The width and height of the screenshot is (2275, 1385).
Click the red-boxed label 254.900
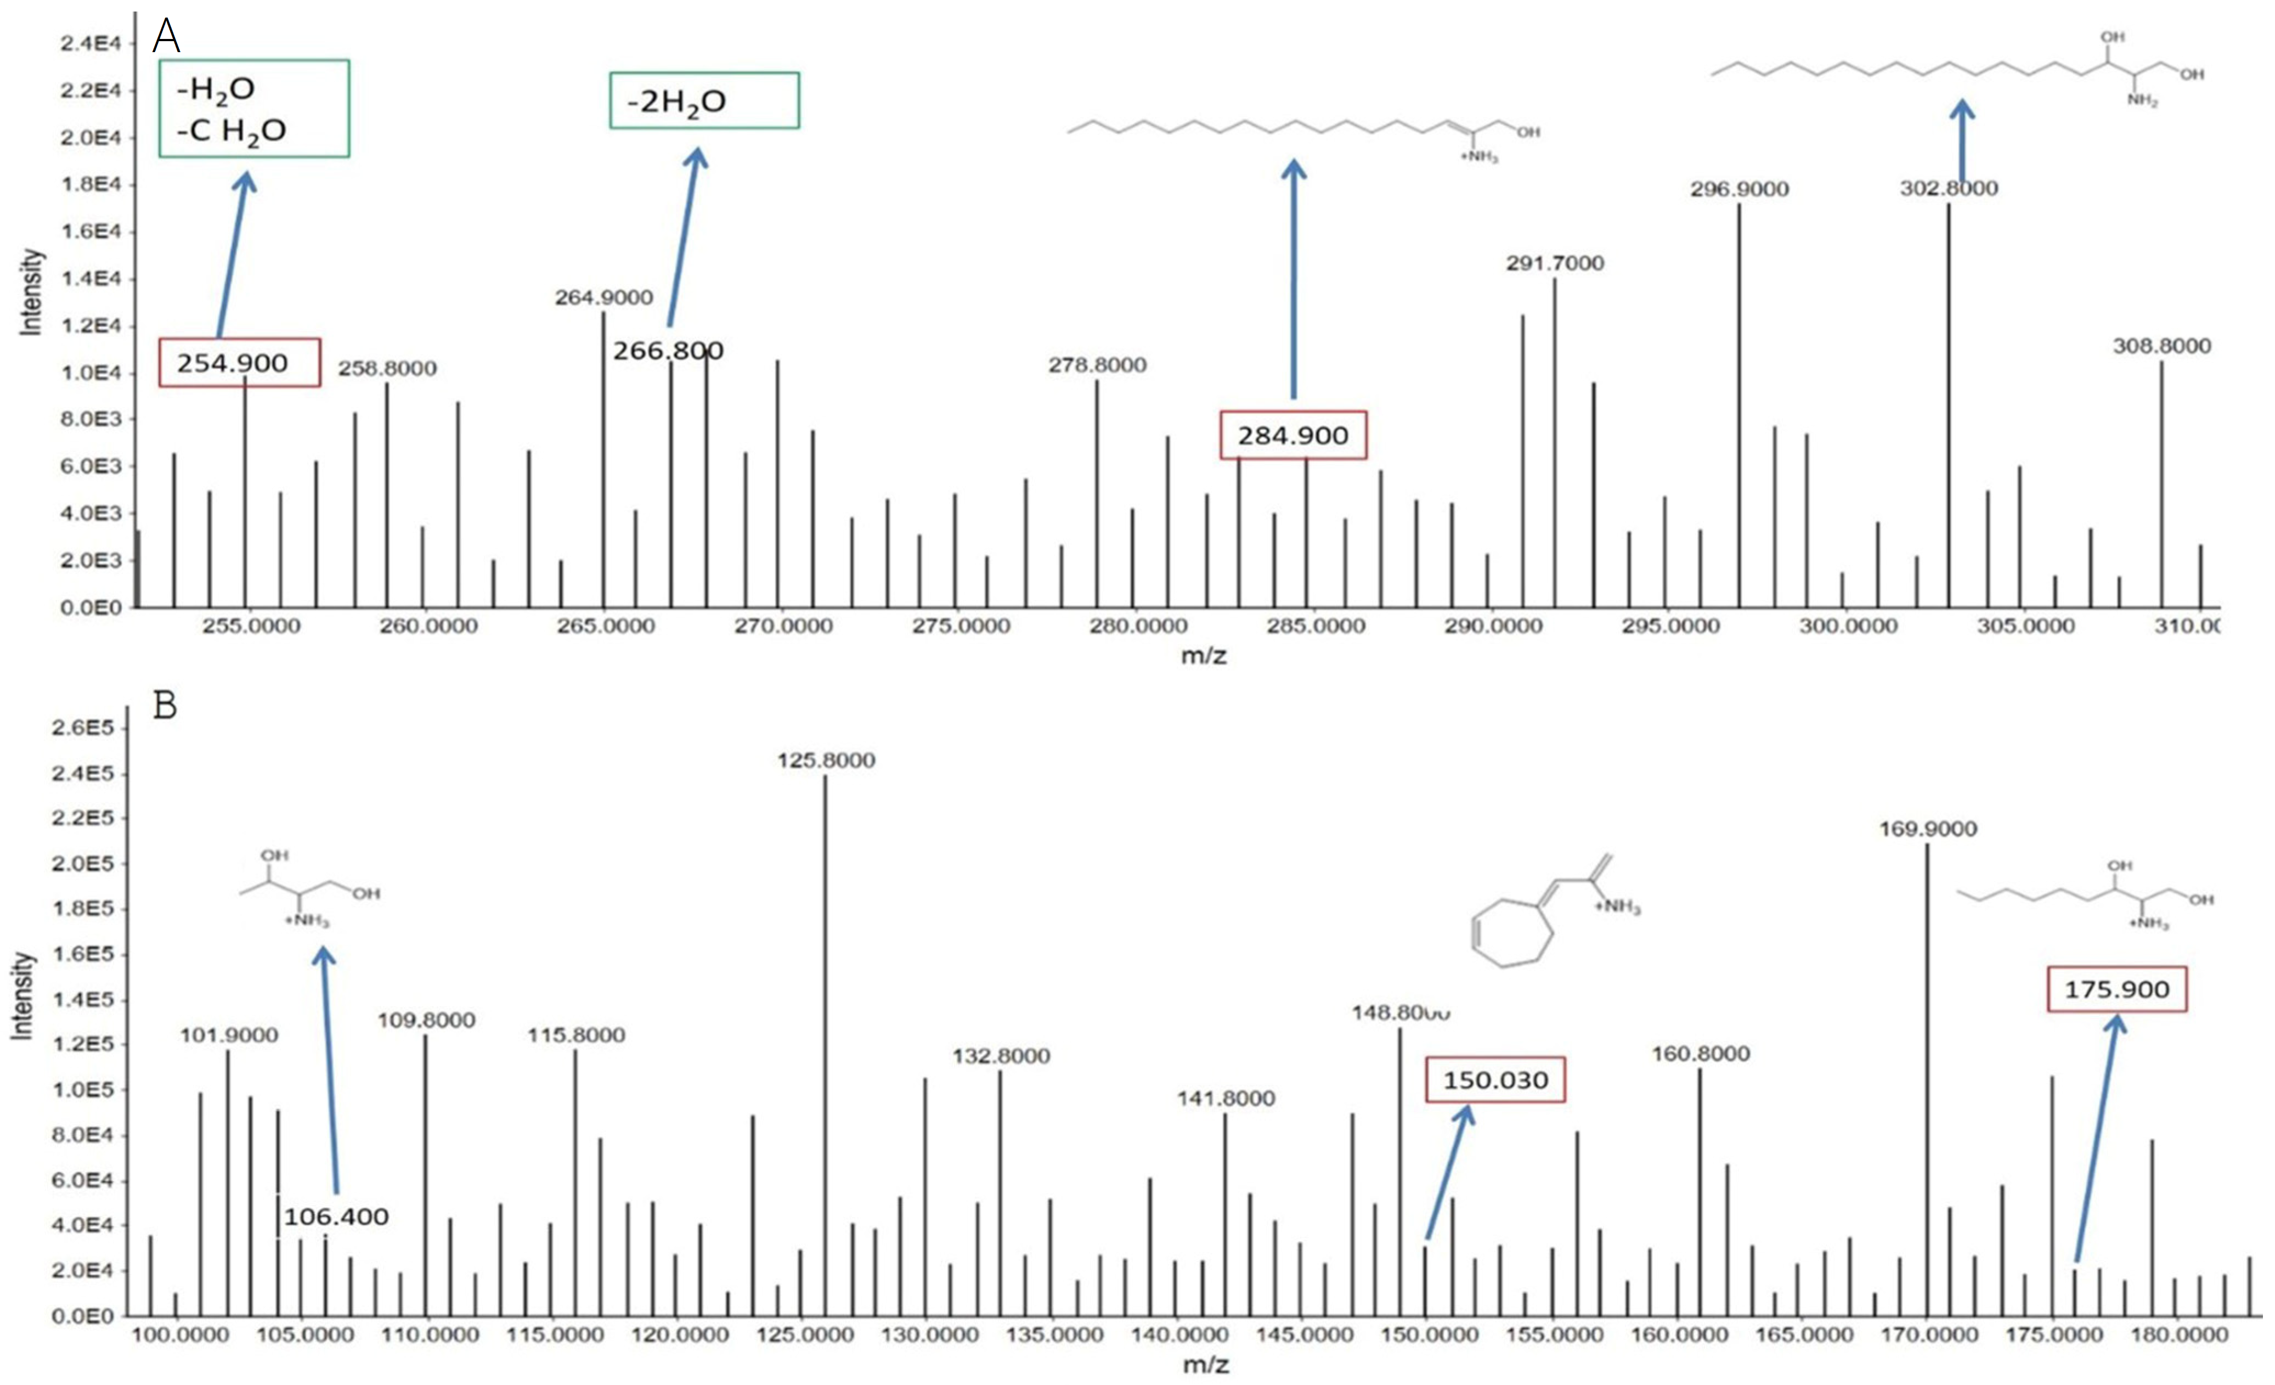pos(239,362)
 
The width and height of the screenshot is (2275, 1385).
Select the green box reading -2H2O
pos(703,100)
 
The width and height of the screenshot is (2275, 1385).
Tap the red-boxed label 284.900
pos(1292,435)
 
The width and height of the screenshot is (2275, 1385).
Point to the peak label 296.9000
pos(1738,189)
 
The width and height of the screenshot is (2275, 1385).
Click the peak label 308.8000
pos(2161,346)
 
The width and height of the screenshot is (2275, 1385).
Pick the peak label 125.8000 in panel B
pos(826,760)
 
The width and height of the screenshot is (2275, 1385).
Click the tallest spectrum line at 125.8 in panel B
pos(826,1016)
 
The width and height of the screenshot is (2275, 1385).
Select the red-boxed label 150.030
pos(1495,1079)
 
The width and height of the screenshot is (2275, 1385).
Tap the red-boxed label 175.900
pos(2116,989)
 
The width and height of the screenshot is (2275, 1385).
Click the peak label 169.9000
pos(1928,829)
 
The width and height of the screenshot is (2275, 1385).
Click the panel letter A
pos(166,37)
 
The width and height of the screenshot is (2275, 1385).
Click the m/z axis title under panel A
pos(1203,656)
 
